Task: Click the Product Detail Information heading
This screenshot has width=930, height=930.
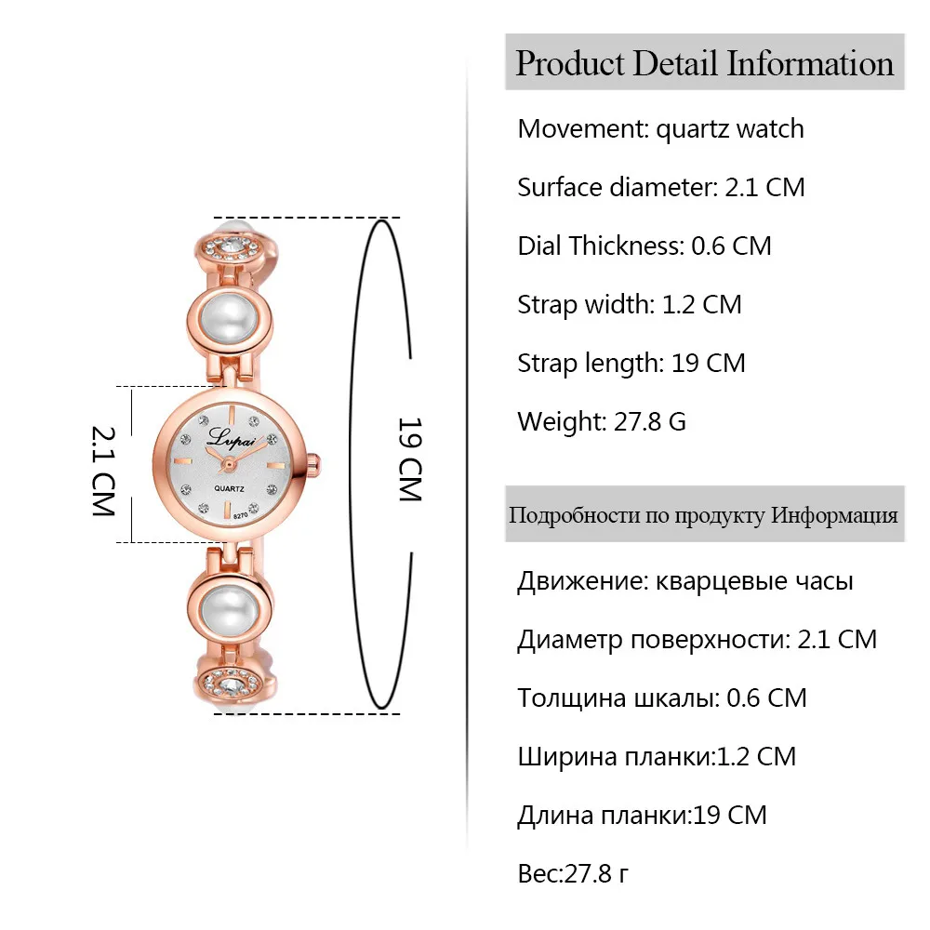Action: pyautogui.click(x=704, y=63)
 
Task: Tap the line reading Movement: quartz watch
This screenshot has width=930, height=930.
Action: pyautogui.click(x=660, y=128)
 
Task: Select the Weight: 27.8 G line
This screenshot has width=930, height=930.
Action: pyautogui.click(x=602, y=421)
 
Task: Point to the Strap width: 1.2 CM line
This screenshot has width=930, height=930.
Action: pyautogui.click(x=630, y=304)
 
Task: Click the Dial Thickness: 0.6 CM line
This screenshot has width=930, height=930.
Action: pyautogui.click(x=644, y=246)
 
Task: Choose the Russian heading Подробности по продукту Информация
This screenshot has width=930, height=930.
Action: pyautogui.click(x=704, y=514)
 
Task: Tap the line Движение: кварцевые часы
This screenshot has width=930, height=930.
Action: pyautogui.click(x=685, y=582)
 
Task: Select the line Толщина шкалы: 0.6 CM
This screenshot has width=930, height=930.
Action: pyautogui.click(x=662, y=697)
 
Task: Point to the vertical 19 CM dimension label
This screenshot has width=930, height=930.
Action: pyautogui.click(x=410, y=459)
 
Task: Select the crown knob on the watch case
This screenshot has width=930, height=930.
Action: pyautogui.click(x=316, y=462)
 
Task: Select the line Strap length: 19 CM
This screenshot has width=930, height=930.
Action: pyautogui.click(x=631, y=363)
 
